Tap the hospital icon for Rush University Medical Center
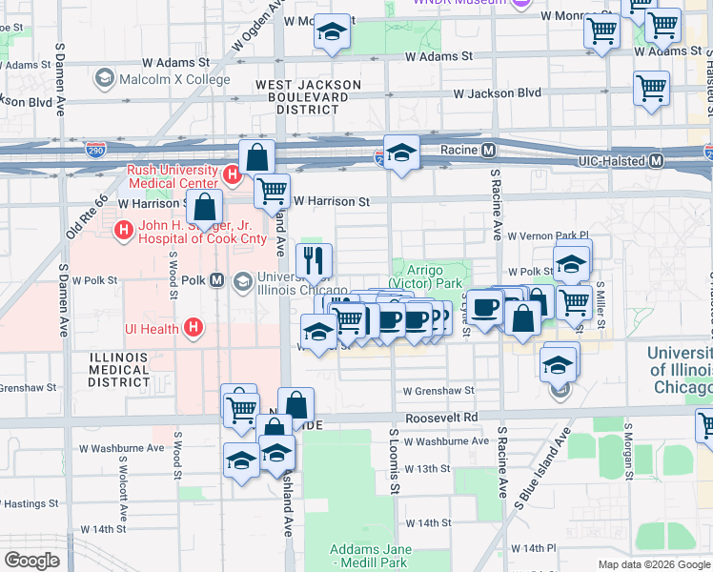click(232, 175)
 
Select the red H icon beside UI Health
click(194, 329)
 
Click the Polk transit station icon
click(217, 281)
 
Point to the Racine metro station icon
click(488, 150)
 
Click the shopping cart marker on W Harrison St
click(273, 192)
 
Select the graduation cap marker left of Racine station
click(402, 153)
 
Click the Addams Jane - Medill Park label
click(371, 556)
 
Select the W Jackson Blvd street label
click(497, 93)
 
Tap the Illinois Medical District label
click(119, 369)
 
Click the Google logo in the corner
click(31, 561)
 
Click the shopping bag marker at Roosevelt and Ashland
click(296, 405)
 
